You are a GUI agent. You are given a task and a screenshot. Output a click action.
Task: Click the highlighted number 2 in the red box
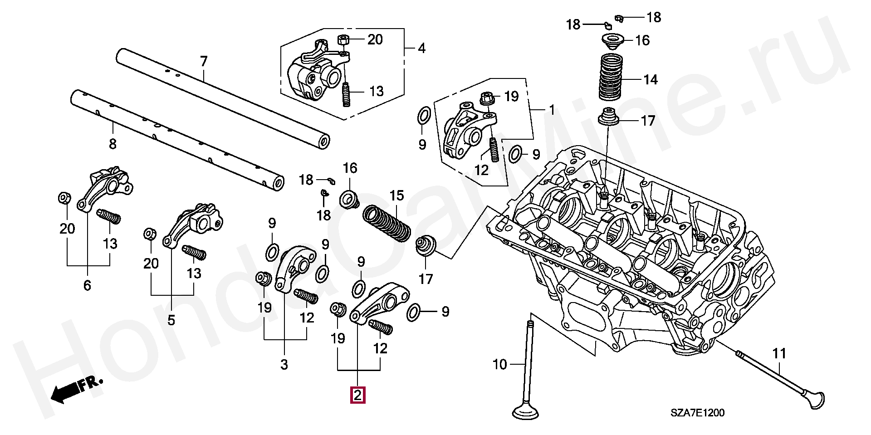357,395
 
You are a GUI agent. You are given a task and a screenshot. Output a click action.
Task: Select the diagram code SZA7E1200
698,413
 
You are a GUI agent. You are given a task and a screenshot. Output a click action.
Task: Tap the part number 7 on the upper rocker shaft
204,62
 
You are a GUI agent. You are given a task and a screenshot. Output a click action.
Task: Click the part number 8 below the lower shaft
113,144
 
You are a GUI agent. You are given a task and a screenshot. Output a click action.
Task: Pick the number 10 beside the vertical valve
499,364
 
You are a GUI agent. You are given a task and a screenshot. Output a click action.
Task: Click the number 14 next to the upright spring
650,80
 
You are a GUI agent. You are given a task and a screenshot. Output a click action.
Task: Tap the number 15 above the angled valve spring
396,196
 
